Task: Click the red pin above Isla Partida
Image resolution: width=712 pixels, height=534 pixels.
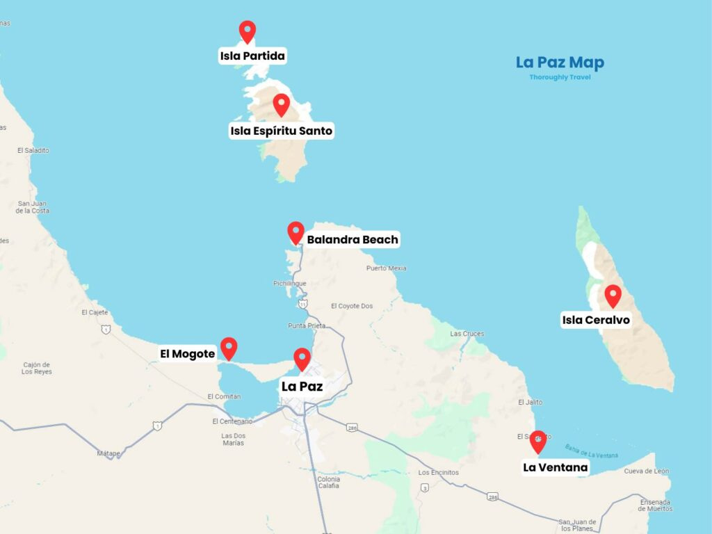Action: coord(247,31)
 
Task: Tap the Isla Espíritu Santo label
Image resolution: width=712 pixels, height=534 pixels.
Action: coord(282,131)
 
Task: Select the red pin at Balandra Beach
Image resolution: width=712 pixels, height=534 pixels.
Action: coord(296,232)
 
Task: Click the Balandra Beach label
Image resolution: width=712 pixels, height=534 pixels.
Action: coord(353,240)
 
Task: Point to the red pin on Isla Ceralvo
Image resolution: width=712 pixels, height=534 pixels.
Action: coord(613,296)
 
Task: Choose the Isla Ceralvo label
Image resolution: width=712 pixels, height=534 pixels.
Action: coord(596,321)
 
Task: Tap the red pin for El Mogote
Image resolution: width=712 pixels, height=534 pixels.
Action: coord(229,348)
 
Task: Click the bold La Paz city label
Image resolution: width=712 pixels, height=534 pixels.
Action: coord(302,386)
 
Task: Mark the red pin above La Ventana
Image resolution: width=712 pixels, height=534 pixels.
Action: coord(537,441)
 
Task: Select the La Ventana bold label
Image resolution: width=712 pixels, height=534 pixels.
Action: coord(556,467)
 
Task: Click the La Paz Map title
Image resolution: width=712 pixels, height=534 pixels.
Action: coord(560,63)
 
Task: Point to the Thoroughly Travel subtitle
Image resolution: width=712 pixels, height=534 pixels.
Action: coord(560,77)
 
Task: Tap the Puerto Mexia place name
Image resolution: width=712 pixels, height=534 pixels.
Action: coord(386,268)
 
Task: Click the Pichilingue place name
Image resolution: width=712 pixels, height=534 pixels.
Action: coord(291,284)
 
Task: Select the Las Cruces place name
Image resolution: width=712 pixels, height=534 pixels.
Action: coord(467,334)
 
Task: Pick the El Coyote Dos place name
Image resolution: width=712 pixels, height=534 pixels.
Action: coord(352,306)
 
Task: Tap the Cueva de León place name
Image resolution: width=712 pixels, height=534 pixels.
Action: coord(647,471)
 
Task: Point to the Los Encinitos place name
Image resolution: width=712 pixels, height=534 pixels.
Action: coord(439,473)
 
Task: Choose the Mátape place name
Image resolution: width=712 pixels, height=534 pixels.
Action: coord(108,453)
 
